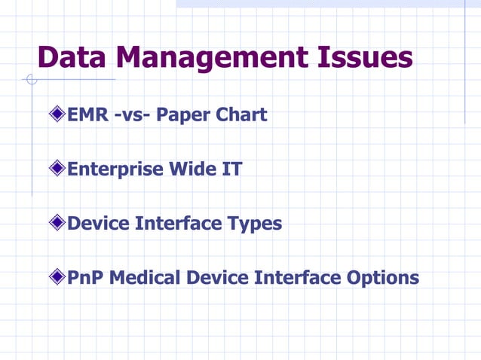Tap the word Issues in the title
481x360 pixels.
click(365, 59)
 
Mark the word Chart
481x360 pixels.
click(241, 115)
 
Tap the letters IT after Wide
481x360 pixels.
click(232, 169)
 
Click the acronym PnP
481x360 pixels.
click(86, 278)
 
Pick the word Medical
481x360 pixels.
click(146, 278)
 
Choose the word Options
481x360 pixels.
click(383, 279)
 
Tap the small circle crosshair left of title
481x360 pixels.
click(31, 79)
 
